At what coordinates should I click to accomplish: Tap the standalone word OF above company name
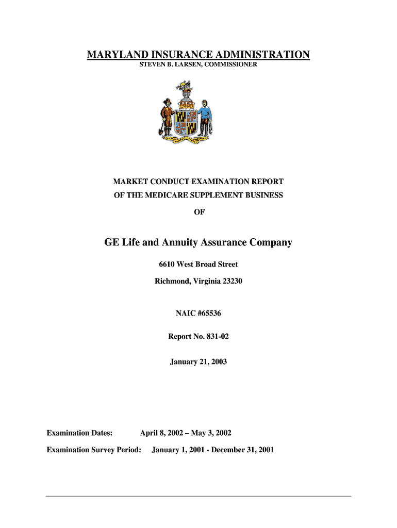[198, 211]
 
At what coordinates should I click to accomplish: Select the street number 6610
[167, 265]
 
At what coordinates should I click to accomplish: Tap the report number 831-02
[218, 337]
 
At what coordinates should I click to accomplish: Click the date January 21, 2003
[198, 362]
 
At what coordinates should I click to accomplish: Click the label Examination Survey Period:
[94, 450]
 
